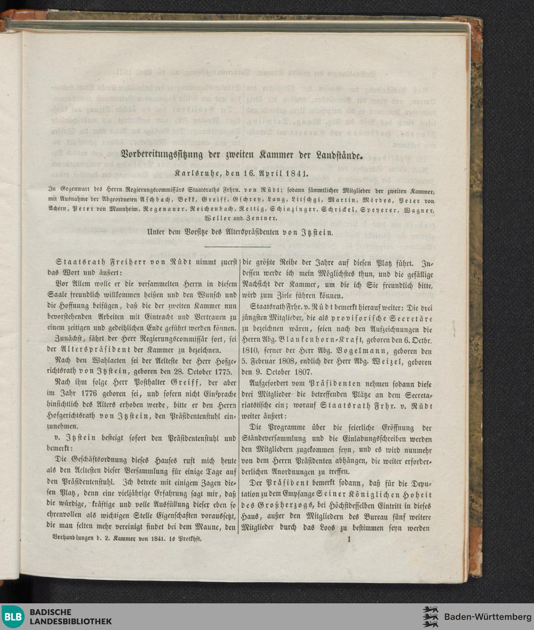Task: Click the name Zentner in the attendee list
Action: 263,218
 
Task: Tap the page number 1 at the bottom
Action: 349,540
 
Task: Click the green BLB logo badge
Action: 13,617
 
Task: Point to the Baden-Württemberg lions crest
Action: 430,617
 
